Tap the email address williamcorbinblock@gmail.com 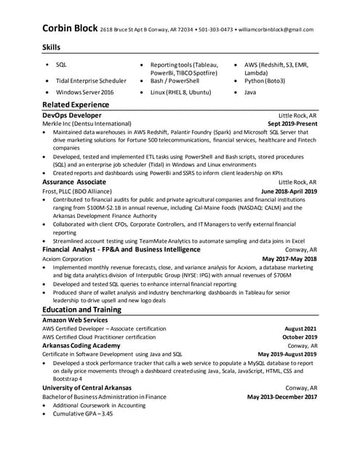(276, 30)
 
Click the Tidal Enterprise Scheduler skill (91, 81)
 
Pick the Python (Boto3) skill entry (265, 81)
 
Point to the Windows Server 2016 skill (84, 93)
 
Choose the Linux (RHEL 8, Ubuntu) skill (180, 93)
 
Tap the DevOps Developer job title (72, 116)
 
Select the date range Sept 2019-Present (292, 124)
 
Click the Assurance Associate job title (74, 182)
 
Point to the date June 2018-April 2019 (289, 191)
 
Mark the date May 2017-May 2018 (289, 258)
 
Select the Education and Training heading (81, 310)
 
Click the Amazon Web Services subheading (75, 320)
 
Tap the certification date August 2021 (300, 328)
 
